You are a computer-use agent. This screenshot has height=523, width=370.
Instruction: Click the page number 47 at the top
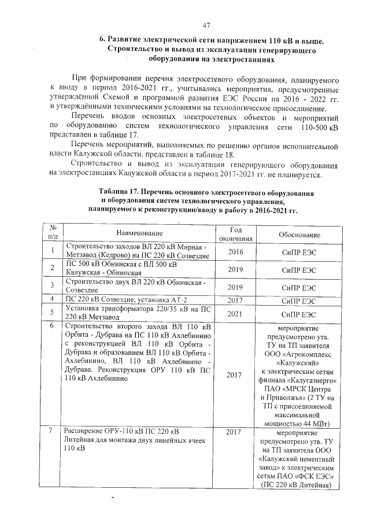coord(206,25)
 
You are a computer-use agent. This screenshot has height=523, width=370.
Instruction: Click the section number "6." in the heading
coord(102,40)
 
